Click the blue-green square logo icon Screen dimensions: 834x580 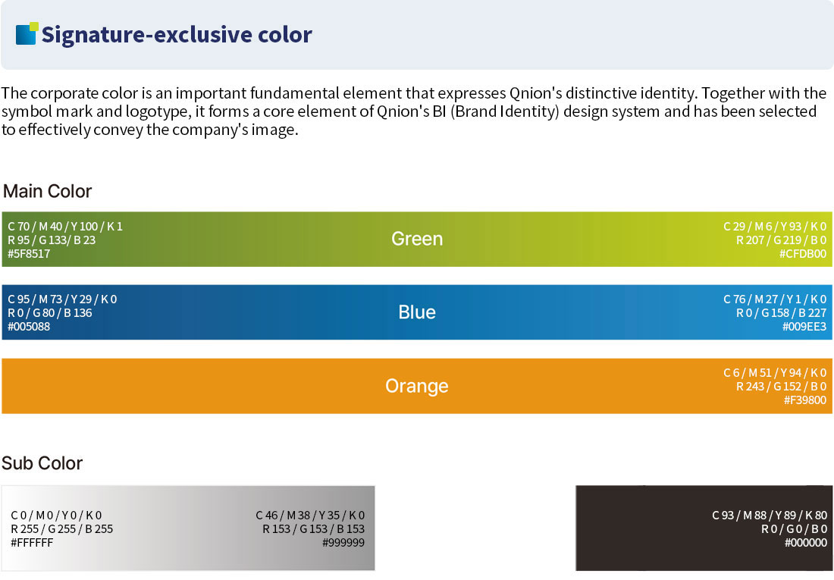[x=27, y=33]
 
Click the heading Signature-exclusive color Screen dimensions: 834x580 [x=177, y=35]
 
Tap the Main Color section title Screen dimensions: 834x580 [x=47, y=191]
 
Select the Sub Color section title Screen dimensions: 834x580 [x=42, y=463]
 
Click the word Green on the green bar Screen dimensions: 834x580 [x=417, y=239]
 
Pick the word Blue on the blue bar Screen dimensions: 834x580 [x=417, y=312]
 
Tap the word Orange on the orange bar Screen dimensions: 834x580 [x=416, y=386]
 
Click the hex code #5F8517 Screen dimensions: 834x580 [x=29, y=254]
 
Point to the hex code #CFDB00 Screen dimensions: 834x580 [x=803, y=254]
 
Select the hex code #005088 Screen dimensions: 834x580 [x=29, y=327]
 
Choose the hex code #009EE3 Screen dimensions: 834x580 [x=804, y=327]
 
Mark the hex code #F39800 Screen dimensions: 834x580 [x=804, y=400]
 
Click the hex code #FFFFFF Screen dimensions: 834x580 [x=32, y=543]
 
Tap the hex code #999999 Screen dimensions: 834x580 [x=343, y=543]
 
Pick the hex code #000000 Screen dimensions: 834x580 [x=806, y=543]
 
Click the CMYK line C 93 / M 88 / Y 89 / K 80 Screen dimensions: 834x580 [x=770, y=515]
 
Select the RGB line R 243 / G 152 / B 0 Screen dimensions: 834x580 [x=782, y=387]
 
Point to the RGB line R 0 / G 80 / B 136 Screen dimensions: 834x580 [x=50, y=313]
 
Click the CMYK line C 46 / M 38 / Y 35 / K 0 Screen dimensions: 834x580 [x=310, y=515]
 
